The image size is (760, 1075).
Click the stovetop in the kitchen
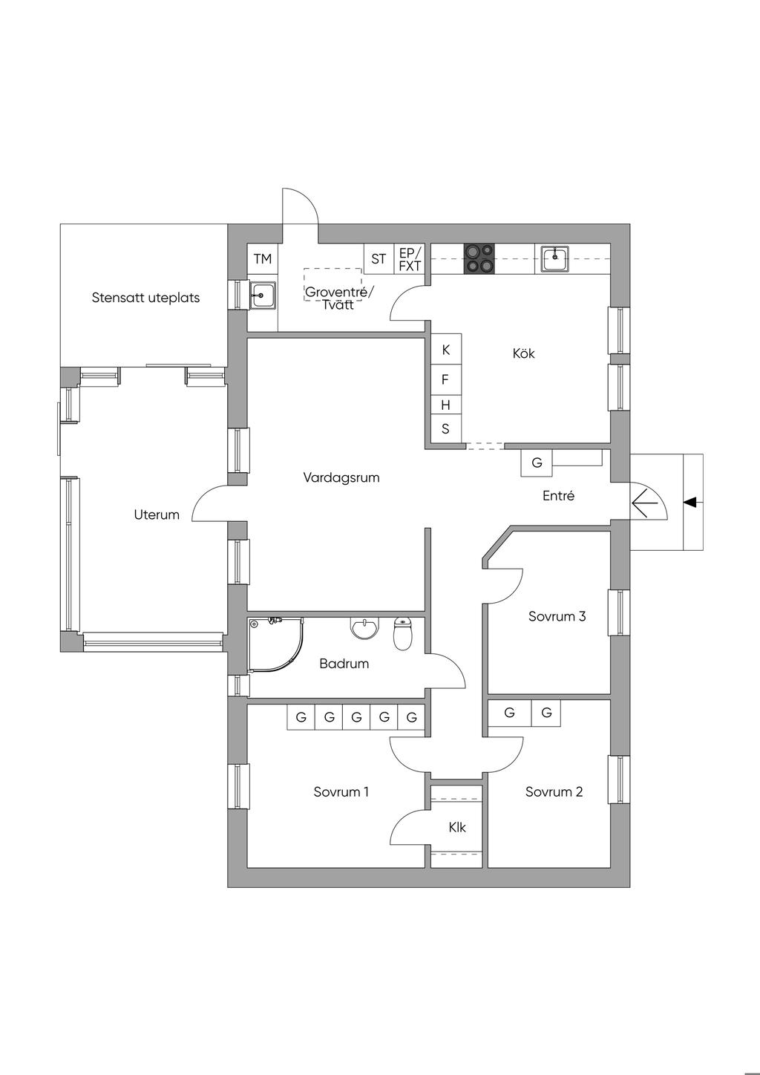(479, 258)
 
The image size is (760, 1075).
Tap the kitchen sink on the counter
(554, 258)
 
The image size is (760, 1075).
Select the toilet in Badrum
(402, 633)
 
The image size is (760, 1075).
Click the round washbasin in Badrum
(364, 629)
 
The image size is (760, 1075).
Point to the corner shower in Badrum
(275, 644)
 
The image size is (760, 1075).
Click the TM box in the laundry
(263, 259)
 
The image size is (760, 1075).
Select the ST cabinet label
(379, 259)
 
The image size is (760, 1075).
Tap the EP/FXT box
(409, 259)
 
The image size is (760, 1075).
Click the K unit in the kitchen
(446, 350)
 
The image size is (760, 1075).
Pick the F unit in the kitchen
(446, 380)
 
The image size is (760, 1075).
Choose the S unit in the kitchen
(446, 428)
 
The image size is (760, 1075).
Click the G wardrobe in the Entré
(537, 463)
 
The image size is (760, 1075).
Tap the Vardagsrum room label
(341, 477)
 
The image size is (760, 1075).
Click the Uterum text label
(157, 514)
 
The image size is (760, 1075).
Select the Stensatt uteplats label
(145, 298)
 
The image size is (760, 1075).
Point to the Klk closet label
(457, 840)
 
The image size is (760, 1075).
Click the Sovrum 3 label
(557, 616)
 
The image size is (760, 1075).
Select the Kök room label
(523, 353)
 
